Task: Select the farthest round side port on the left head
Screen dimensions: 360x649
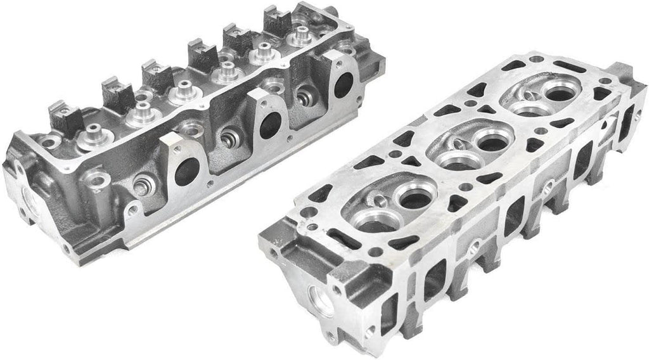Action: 344,84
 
